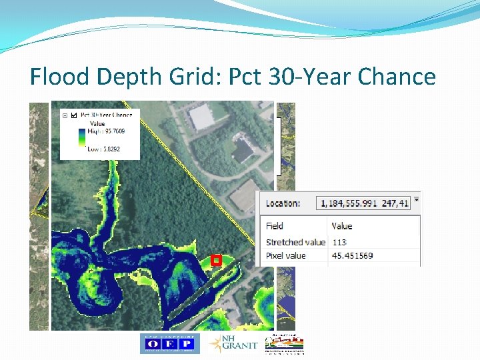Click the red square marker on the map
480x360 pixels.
point(215,261)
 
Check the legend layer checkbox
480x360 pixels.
point(73,115)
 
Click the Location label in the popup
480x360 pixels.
point(283,203)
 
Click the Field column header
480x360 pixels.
point(274,226)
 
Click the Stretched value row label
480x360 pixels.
point(295,242)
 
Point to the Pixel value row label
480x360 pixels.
point(285,255)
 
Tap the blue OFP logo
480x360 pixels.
point(169,343)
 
